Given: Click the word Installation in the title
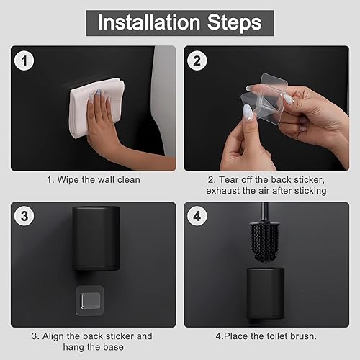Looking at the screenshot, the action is [149, 22].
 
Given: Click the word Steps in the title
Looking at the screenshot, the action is [234, 22].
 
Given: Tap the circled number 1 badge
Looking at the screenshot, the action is [24, 60].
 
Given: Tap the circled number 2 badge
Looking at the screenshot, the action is [197, 60].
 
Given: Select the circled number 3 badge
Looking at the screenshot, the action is [24, 216].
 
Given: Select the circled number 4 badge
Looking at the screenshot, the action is [197, 216].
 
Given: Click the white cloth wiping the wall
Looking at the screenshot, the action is [96, 107].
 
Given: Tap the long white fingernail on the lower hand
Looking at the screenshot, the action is [247, 111].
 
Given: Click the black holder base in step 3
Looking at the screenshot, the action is [96, 238].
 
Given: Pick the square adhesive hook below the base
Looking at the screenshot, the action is [90, 300].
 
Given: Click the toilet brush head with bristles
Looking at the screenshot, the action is [265, 242].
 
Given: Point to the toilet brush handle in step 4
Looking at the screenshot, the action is [265, 212].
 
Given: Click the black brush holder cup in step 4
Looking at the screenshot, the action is [266, 294].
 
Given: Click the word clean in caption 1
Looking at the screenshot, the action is [129, 180].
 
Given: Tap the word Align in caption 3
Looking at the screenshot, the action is [53, 336].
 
